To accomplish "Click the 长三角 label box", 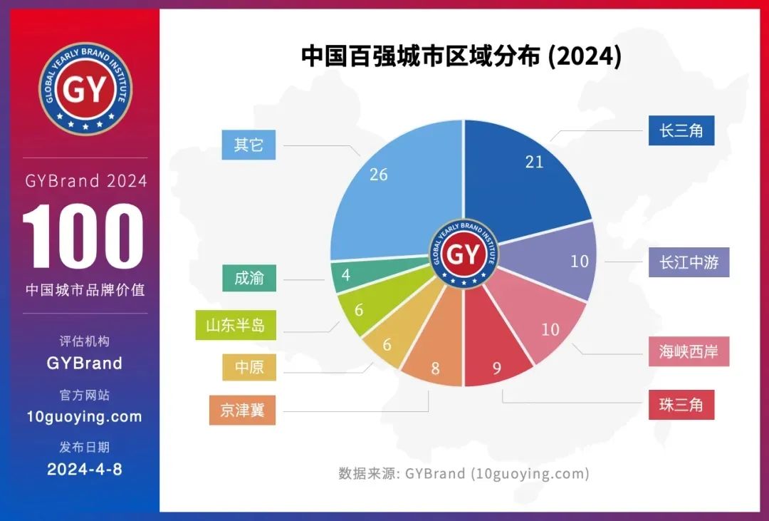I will (681, 130).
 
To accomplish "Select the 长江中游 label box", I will (689, 262).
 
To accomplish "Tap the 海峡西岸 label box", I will (689, 351).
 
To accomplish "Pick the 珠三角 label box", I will (681, 405).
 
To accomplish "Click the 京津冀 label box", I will (242, 411).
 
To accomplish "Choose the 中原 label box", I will (249, 367).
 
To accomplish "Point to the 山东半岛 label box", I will (236, 325).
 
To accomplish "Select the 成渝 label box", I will (249, 278).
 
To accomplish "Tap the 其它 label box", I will (249, 145).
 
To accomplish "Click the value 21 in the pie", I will (534, 162).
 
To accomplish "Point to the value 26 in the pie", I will (379, 174).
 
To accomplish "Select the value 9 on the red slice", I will (497, 368).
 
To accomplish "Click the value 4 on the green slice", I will (346, 275).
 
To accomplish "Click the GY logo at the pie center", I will (464, 254).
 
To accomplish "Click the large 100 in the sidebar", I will (84, 238).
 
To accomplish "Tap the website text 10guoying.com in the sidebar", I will (84, 417).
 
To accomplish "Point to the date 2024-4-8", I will (84, 470).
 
